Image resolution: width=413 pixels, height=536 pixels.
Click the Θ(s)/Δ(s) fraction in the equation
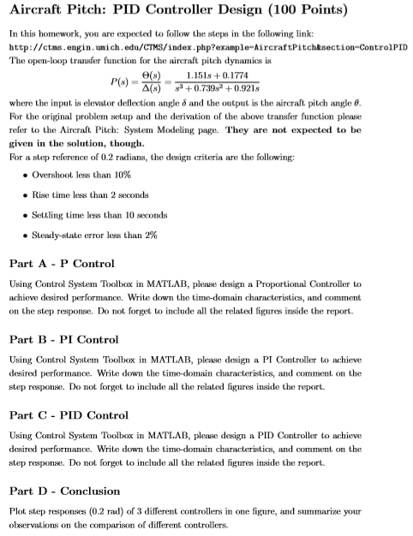[x=157, y=83]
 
